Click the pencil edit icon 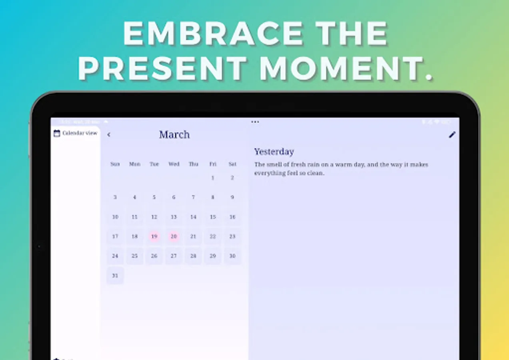pos(452,135)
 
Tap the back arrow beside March pos(109,135)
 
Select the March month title pos(174,134)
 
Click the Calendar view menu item pos(76,133)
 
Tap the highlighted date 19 pos(154,236)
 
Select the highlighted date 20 pos(174,236)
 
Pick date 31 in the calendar pos(115,276)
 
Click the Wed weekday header pos(174,164)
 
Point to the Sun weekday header pos(115,164)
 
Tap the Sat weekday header pos(232,164)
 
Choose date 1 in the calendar pos(213,178)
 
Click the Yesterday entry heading pos(274,152)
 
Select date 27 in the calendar pos(174,256)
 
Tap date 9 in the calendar pos(232,197)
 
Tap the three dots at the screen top pos(255,122)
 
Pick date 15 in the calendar pos(213,217)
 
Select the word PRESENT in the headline pos(162,68)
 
